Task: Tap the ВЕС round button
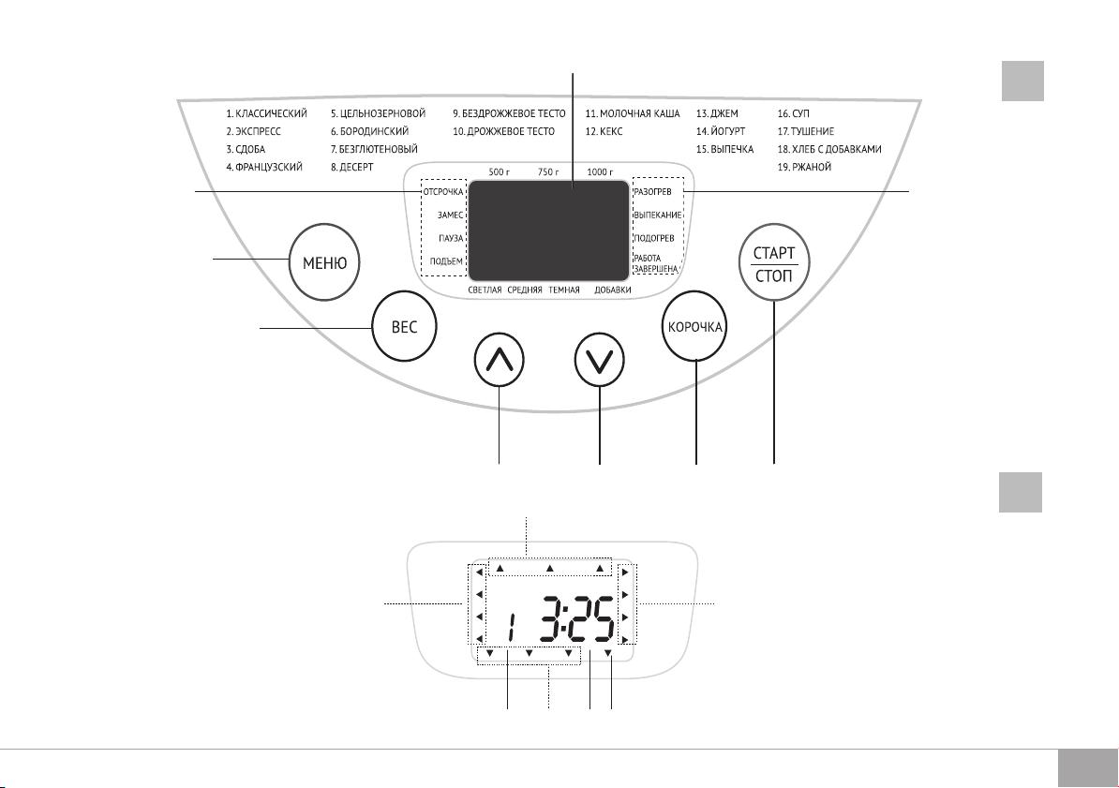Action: click(404, 328)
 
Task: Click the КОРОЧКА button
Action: click(694, 328)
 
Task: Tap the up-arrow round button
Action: click(499, 359)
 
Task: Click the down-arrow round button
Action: click(600, 359)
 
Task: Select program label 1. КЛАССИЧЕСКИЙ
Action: click(267, 113)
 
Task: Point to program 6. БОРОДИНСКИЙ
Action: click(369, 131)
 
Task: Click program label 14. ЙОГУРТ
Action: click(721, 131)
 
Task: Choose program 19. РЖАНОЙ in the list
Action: click(804, 167)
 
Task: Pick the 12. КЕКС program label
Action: click(604, 131)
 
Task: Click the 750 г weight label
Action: click(548, 172)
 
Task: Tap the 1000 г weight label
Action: click(600, 172)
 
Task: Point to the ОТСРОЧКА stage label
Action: click(443, 192)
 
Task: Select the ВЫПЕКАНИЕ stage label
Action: click(657, 215)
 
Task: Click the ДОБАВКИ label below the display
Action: click(612, 290)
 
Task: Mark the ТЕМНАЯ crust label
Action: click(564, 290)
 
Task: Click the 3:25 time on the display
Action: click(576, 618)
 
